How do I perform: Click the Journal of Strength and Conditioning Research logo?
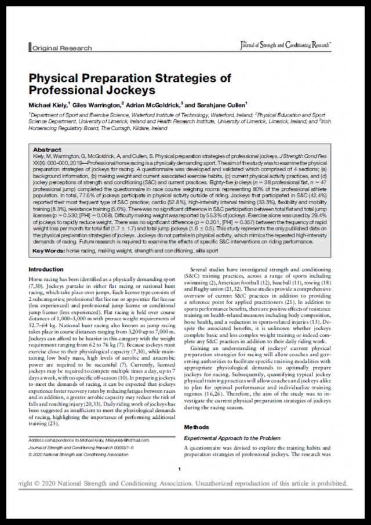coord(285,45)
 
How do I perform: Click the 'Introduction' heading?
coord(46,269)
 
